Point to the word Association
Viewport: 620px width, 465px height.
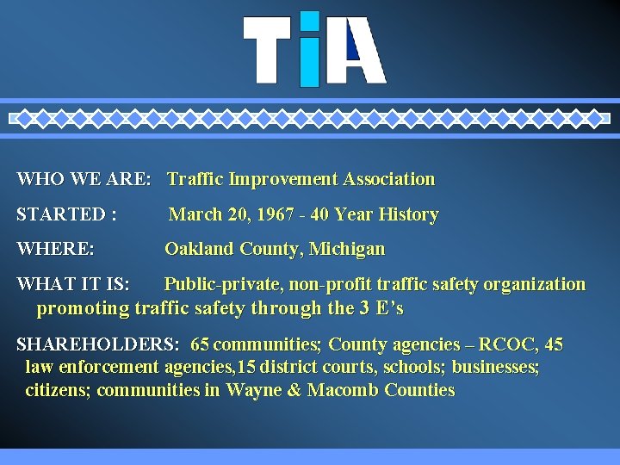pos(389,179)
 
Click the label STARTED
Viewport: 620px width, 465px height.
pos(60,214)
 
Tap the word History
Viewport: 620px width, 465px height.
pos(408,214)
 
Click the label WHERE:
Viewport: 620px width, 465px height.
pos(56,250)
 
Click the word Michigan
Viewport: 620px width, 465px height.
pos(347,250)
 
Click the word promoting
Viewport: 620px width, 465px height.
pos(82,308)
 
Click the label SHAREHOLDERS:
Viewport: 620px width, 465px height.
pos(98,345)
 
